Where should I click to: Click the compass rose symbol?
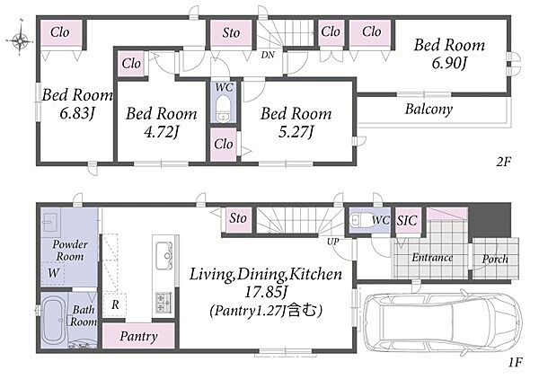coord(20,40)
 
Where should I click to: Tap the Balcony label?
coord(429,110)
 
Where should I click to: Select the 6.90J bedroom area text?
coord(450,64)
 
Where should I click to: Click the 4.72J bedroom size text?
coord(162,132)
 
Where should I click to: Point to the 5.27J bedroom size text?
coord(296,132)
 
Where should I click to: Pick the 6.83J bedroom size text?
coord(77,113)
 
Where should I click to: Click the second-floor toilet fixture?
coord(224,108)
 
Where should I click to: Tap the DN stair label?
coord(268,55)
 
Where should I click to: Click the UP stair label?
coord(332,242)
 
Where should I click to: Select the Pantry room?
coord(138,336)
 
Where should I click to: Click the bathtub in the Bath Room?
coord(54,320)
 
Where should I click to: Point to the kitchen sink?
coord(164,256)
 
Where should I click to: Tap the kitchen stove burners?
coord(164,303)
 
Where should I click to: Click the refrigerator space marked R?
coord(114,304)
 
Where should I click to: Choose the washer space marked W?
coord(53,273)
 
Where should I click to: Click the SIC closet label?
coord(407,221)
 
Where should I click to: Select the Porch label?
coord(495,259)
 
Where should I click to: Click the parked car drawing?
coord(443,322)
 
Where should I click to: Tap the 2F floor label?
coord(504,162)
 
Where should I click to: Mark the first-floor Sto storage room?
coord(238,219)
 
